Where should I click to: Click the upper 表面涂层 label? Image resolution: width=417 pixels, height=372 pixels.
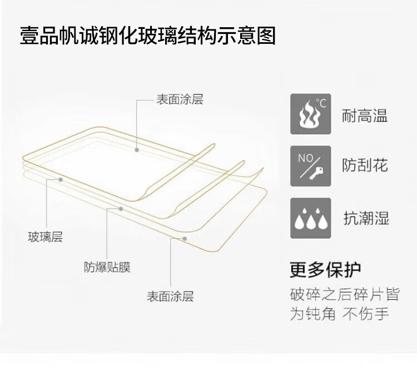click(180, 100)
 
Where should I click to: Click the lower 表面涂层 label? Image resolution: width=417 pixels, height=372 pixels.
click(170, 296)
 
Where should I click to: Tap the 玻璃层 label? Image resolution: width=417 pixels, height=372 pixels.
click(46, 237)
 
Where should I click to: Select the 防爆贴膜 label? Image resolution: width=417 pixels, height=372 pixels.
click(107, 267)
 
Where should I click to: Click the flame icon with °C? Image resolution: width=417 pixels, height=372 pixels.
click(310, 114)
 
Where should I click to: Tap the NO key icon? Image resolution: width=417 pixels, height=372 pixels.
click(310, 165)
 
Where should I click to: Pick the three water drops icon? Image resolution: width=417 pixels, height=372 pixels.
click(310, 218)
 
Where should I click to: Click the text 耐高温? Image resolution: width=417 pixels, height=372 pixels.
click(365, 116)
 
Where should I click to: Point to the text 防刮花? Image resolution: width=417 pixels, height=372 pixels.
click(365, 165)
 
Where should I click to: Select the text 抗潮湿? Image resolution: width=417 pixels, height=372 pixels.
click(366, 218)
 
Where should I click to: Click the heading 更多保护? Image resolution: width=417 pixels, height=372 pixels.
click(325, 270)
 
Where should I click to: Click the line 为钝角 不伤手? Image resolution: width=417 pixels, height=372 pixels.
click(339, 314)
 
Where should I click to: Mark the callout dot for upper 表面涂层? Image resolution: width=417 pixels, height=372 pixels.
click(137, 149)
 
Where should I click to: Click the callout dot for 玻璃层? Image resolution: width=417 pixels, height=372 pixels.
click(60, 180)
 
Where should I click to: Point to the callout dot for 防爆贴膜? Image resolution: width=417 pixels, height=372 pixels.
click(121, 209)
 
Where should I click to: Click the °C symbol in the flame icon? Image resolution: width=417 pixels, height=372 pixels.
click(321, 102)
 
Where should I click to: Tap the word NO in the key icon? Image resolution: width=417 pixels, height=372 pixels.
click(305, 158)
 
